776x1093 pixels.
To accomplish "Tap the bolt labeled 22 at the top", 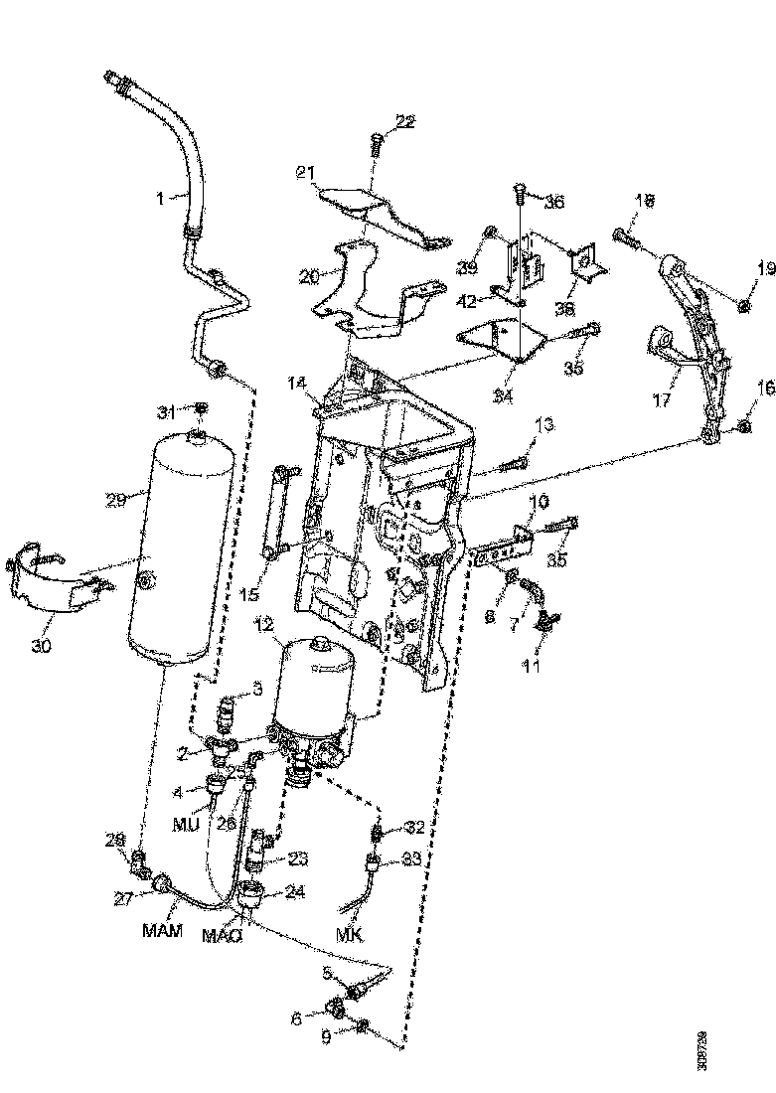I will click(378, 146).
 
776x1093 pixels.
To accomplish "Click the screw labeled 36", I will click(521, 192).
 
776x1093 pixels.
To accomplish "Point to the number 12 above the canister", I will click(262, 625).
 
